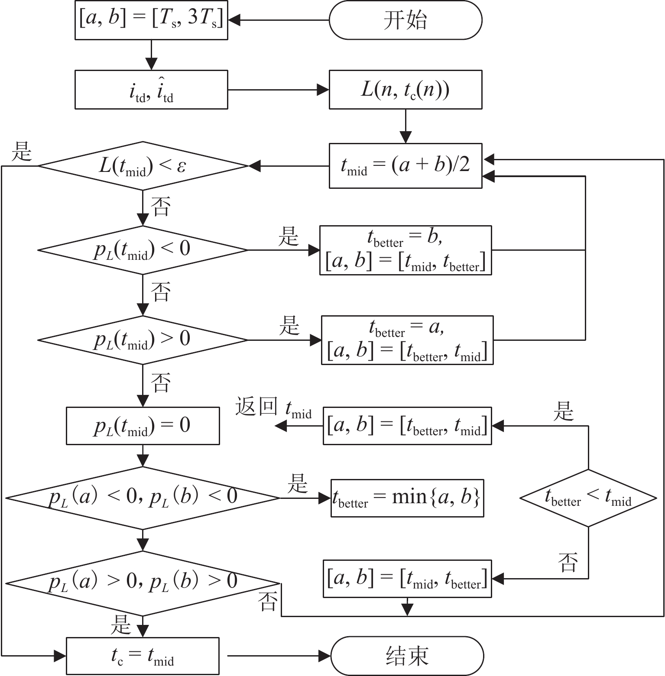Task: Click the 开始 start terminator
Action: pyautogui.click(x=405, y=20)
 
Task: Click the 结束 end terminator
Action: pyautogui.click(x=407, y=656)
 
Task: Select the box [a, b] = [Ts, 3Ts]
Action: pyautogui.click(x=151, y=20)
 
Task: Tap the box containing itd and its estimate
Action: pyautogui.click(x=151, y=90)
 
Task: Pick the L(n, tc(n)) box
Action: pyautogui.click(x=405, y=90)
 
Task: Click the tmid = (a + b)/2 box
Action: pyautogui.click(x=405, y=165)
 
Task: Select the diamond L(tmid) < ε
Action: pyautogui.click(x=143, y=166)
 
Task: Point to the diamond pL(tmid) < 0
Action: pyautogui.click(x=143, y=250)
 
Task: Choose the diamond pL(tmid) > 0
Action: pyautogui.click(x=143, y=340)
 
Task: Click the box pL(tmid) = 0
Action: pyautogui.click(x=143, y=426)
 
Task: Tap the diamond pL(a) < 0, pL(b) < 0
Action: pyautogui.click(x=143, y=498)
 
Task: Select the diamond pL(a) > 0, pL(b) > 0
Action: pyautogui.click(x=143, y=583)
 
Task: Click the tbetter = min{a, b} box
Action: pyautogui.click(x=407, y=498)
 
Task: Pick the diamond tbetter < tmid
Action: pyautogui.click(x=588, y=498)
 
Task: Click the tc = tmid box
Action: pyautogui.click(x=143, y=656)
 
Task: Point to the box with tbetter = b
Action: pyautogui.click(x=405, y=250)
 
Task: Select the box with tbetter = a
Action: pyautogui.click(x=407, y=340)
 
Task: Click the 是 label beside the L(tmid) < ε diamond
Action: pyautogui.click(x=22, y=152)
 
